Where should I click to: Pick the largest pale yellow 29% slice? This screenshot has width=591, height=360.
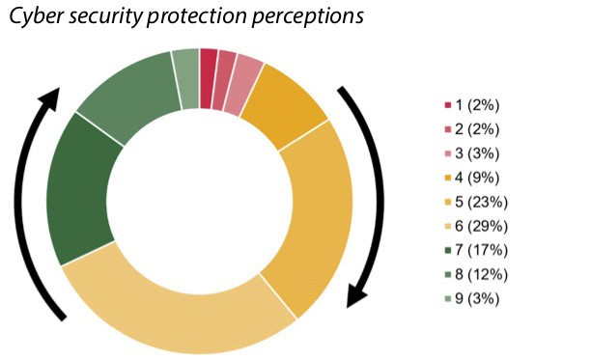(x=164, y=308)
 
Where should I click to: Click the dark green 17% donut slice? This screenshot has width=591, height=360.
(x=78, y=193)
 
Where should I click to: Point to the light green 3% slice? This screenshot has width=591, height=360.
(x=184, y=66)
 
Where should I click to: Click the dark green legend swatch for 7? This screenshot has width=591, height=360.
(x=447, y=250)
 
